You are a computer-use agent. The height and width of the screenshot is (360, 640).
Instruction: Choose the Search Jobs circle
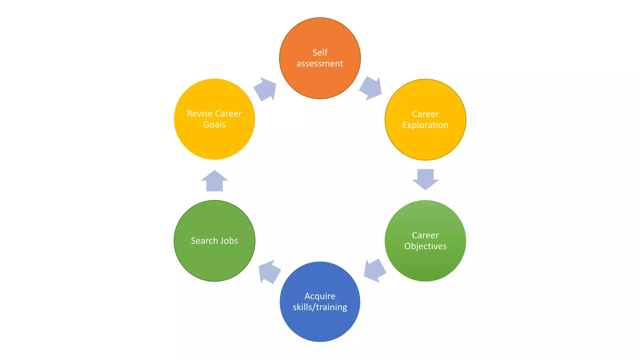point(214,259)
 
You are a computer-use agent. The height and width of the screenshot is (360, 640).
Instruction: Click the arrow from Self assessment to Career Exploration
point(371,88)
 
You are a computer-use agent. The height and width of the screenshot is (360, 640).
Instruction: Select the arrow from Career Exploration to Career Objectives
point(425,179)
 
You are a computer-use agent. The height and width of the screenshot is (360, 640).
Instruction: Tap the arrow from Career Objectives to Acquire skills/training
point(375,271)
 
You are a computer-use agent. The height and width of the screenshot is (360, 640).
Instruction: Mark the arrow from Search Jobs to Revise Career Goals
point(214,181)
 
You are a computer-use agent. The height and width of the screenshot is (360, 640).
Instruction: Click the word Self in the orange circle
point(320,52)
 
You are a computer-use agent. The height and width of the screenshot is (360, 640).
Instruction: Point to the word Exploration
point(425,125)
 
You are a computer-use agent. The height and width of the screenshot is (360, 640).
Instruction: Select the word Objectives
point(425,246)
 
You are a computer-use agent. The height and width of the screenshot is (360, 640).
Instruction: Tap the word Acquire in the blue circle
point(320,296)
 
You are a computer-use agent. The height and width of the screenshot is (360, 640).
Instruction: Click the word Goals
point(214,124)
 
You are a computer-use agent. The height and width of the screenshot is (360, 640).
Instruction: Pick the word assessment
point(320,64)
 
